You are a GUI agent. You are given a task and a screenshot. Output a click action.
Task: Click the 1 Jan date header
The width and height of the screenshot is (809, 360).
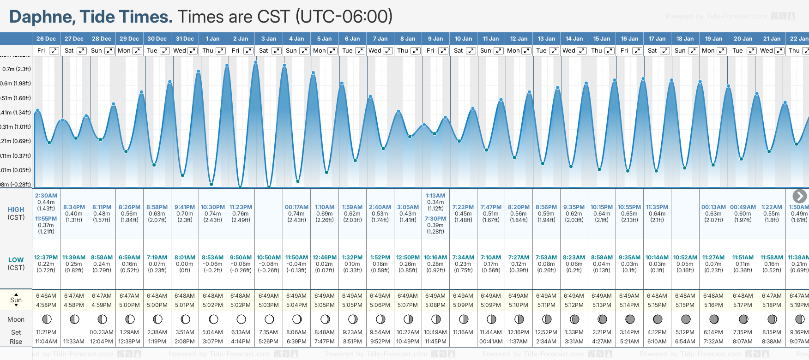point(212,39)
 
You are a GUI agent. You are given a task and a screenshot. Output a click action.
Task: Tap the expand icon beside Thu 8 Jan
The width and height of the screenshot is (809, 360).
point(415,51)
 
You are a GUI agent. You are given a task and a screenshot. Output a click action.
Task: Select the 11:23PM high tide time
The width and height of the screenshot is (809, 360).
point(241,207)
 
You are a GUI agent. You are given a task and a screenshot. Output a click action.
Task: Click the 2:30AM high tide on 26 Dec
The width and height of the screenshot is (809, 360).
point(46,196)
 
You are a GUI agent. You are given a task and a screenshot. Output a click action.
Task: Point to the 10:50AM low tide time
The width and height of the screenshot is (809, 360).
point(269,258)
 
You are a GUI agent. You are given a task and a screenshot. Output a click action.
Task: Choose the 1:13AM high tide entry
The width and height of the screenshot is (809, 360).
point(435,196)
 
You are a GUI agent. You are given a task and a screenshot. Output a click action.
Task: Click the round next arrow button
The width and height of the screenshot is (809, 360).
point(799,196)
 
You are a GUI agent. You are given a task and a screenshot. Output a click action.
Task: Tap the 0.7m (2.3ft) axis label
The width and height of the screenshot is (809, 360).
point(17,69)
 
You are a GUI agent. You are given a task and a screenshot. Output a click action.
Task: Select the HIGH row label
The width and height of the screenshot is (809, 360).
point(16,210)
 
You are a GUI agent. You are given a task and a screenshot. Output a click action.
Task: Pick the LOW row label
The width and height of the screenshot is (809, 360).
point(16,260)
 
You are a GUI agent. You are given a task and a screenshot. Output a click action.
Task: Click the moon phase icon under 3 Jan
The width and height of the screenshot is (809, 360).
point(269,319)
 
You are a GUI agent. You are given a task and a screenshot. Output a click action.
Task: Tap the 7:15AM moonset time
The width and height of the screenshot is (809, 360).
point(268,332)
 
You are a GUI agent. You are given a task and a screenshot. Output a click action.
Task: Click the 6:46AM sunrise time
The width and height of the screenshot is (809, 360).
point(46,296)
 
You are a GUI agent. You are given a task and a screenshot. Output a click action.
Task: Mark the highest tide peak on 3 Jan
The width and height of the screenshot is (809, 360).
point(256,62)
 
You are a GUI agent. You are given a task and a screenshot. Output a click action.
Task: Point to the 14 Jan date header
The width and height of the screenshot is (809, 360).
point(574,39)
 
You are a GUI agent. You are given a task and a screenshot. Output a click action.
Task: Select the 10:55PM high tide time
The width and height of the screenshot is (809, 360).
point(629,207)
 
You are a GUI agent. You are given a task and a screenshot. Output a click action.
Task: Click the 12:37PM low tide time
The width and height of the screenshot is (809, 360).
point(46,258)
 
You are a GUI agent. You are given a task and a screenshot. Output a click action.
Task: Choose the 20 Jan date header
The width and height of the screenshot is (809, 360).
point(743,39)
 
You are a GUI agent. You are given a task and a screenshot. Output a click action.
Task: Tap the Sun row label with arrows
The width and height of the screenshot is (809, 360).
point(16,300)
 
